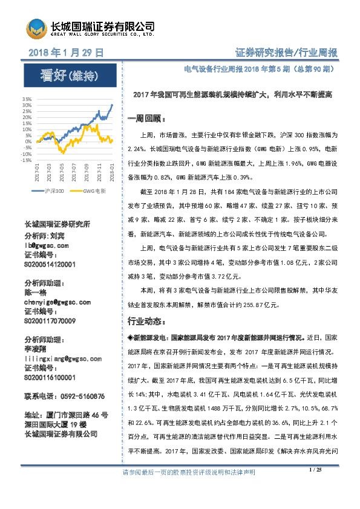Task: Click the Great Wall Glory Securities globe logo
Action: [x=36, y=28]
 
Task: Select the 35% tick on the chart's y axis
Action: [x=27, y=99]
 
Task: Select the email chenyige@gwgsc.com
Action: [x=57, y=302]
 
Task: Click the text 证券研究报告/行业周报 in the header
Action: [x=285, y=54]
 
